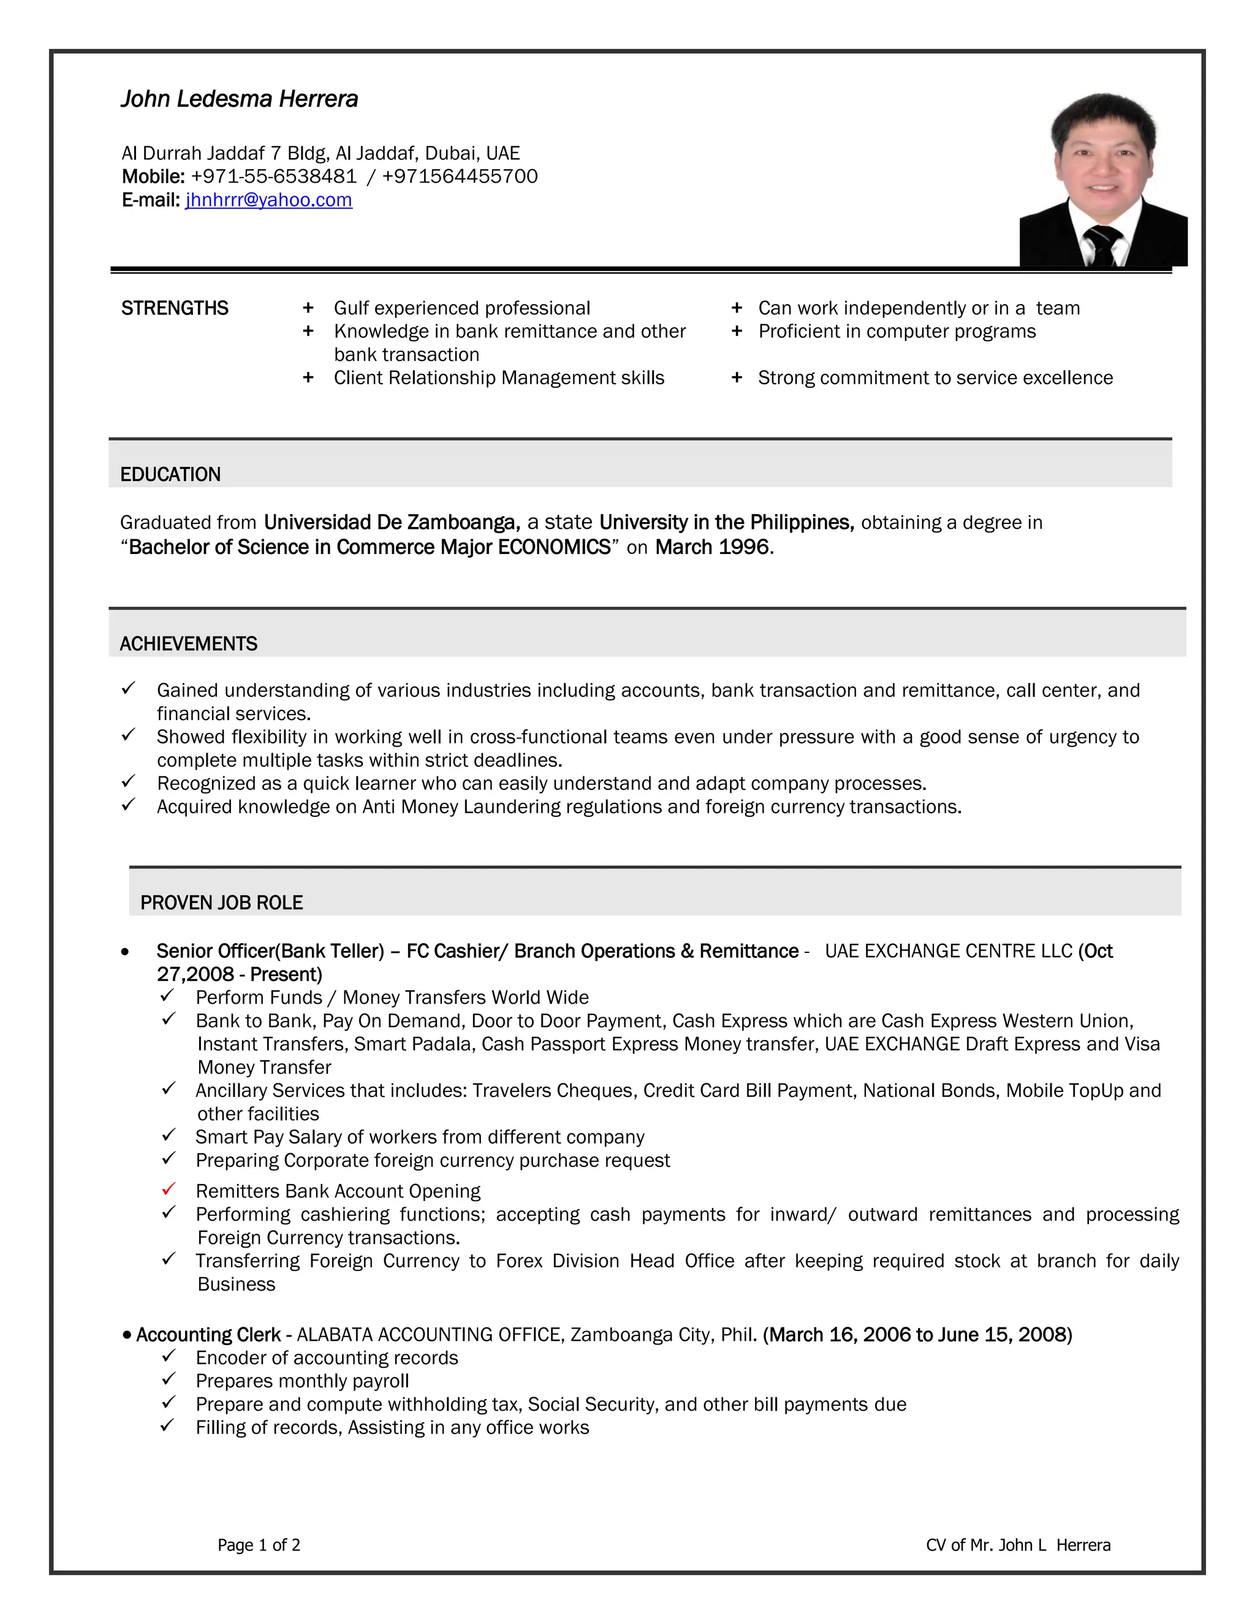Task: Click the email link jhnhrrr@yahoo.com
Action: point(268,200)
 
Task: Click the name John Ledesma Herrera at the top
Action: point(240,99)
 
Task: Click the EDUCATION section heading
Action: point(170,474)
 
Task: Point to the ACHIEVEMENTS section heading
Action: point(188,644)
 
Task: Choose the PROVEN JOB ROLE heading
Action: point(222,903)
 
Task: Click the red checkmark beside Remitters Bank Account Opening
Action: point(169,1189)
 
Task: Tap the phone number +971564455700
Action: point(460,176)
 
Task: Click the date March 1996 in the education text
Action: point(711,547)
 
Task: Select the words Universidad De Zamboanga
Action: point(391,523)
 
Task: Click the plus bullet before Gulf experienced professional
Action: point(308,308)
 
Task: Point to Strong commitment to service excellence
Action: point(935,378)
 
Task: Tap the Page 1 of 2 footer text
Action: point(259,1545)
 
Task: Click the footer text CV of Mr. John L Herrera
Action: point(1018,1545)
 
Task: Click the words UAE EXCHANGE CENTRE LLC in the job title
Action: point(948,951)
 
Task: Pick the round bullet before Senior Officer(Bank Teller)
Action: point(125,952)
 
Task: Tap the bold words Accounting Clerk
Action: point(208,1335)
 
